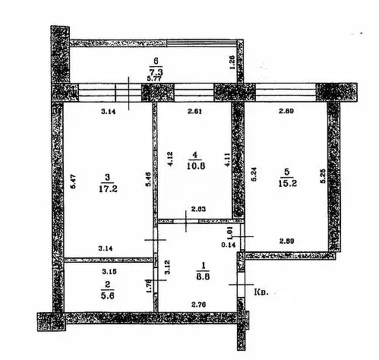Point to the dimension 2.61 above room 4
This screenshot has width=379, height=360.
point(194,112)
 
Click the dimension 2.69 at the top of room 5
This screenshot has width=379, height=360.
point(286,112)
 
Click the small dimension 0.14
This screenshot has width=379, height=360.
point(228,244)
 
